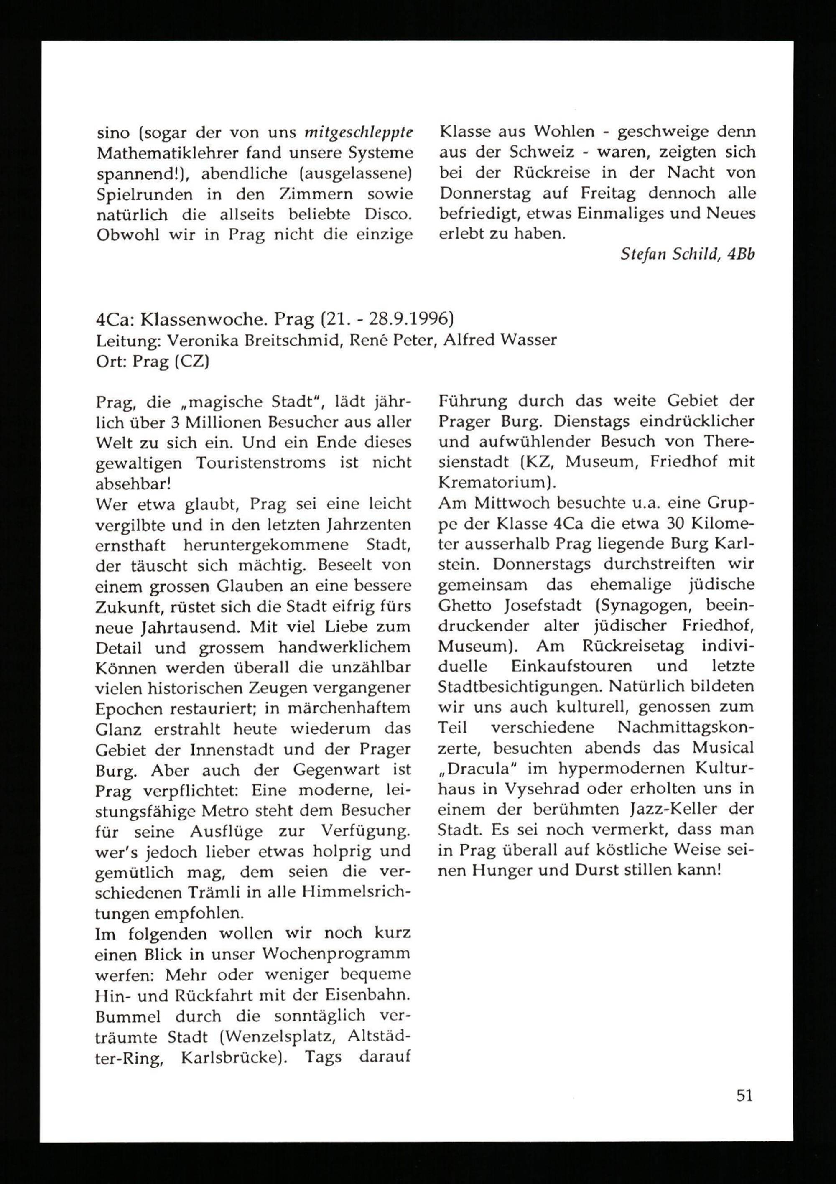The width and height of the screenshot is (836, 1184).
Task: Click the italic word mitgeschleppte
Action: [x=359, y=133]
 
